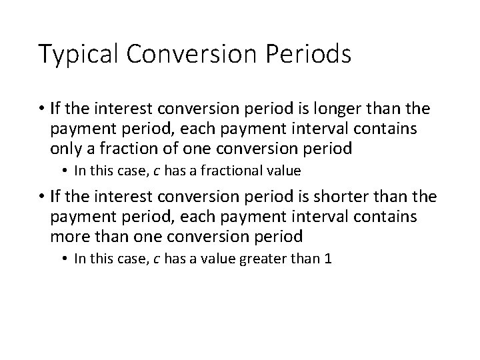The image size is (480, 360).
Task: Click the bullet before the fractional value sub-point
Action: (x=65, y=171)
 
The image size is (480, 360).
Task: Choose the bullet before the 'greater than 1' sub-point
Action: (x=65, y=259)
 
